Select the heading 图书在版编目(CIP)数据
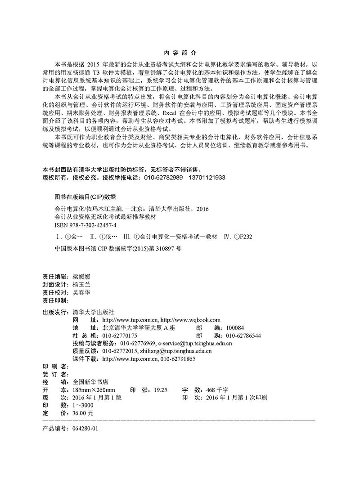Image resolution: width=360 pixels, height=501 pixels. pyautogui.click(x=85, y=197)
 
